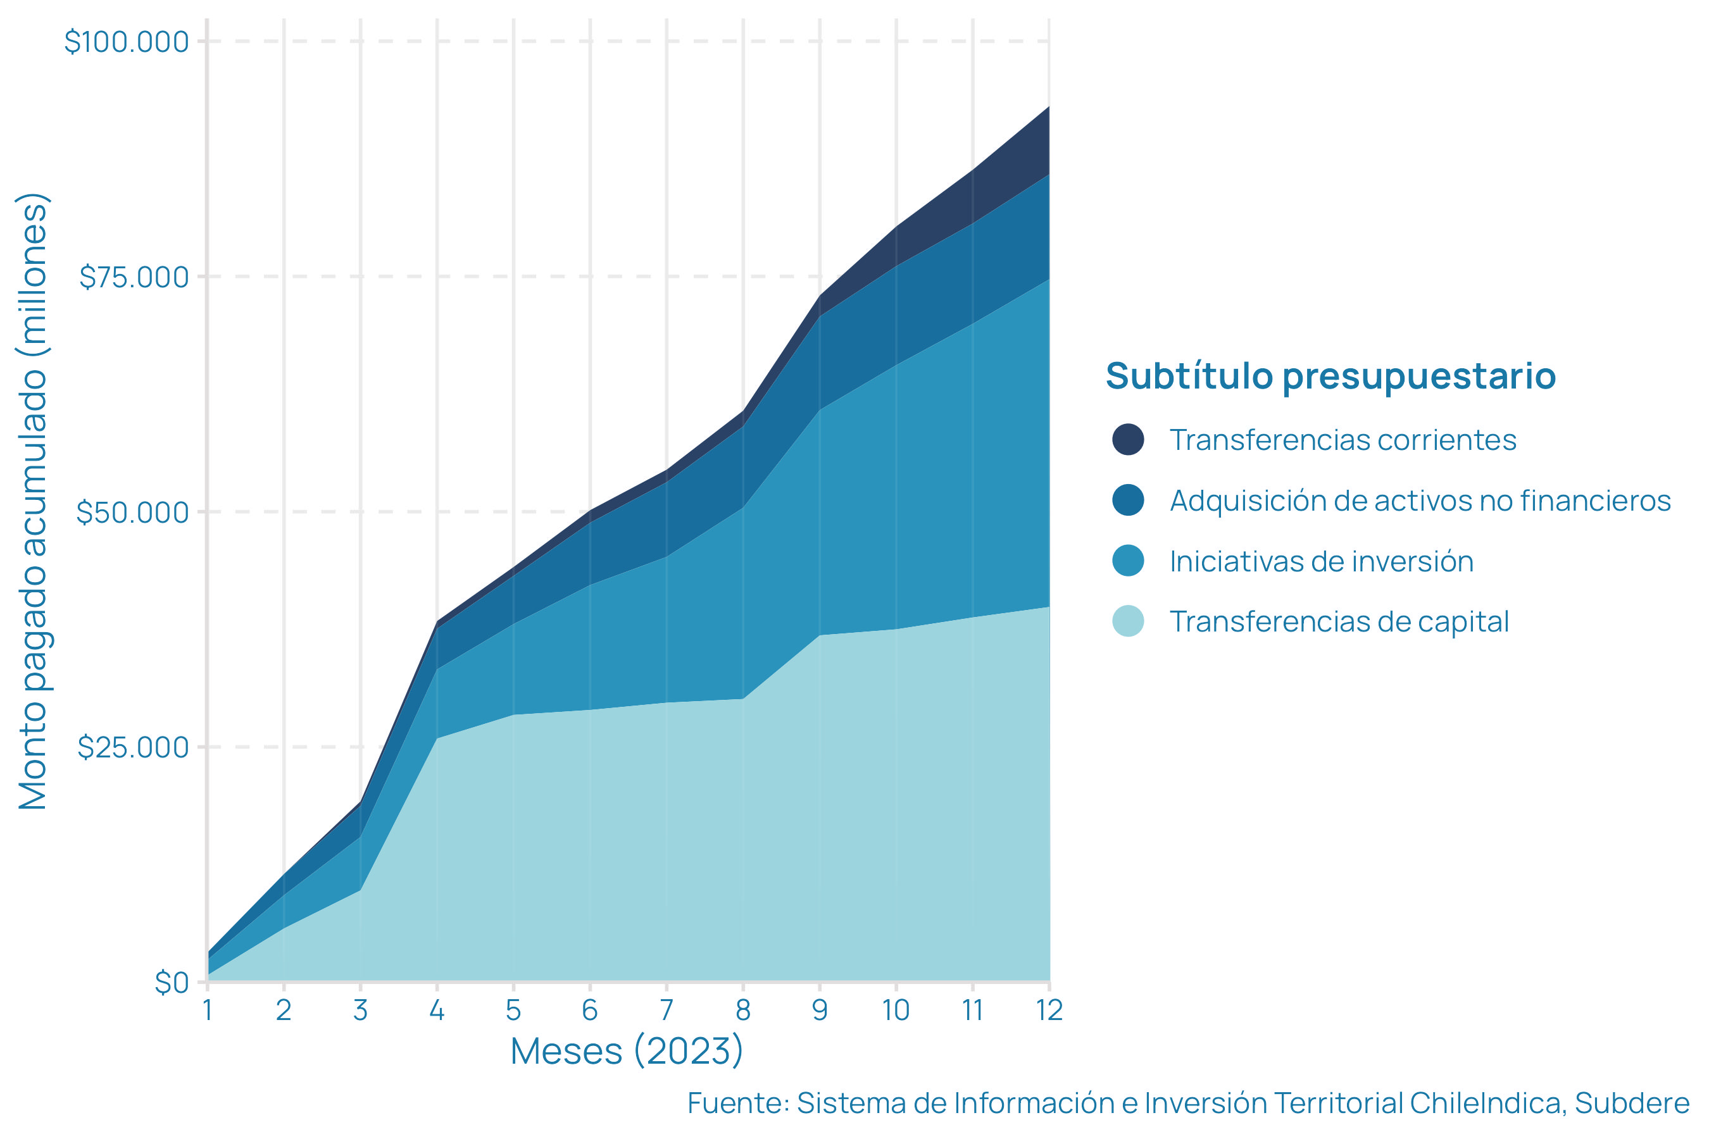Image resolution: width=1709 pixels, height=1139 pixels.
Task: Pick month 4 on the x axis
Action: pyautogui.click(x=437, y=1011)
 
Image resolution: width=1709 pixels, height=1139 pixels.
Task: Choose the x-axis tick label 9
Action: pyautogui.click(x=820, y=1011)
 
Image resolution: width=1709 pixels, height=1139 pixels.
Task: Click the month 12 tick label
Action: pyautogui.click(x=1049, y=1011)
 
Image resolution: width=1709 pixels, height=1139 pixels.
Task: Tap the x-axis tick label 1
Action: pyautogui.click(x=208, y=1011)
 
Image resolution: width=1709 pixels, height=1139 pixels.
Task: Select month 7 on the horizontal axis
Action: pyautogui.click(x=667, y=1011)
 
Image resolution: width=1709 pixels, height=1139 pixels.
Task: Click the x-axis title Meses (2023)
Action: pyautogui.click(x=627, y=1051)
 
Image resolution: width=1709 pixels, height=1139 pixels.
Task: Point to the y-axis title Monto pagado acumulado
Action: pyautogui.click(x=33, y=501)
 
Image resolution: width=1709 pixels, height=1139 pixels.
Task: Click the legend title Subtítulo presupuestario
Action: pyautogui.click(x=1330, y=377)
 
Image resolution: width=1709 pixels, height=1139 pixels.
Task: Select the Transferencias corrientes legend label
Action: pyautogui.click(x=1343, y=440)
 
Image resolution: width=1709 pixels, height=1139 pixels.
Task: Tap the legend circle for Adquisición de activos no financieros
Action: pyautogui.click(x=1128, y=501)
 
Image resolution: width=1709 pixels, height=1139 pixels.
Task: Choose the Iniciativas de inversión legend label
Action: pyautogui.click(x=1321, y=561)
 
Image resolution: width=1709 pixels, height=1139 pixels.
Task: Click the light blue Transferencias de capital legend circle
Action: pyautogui.click(x=1128, y=622)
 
